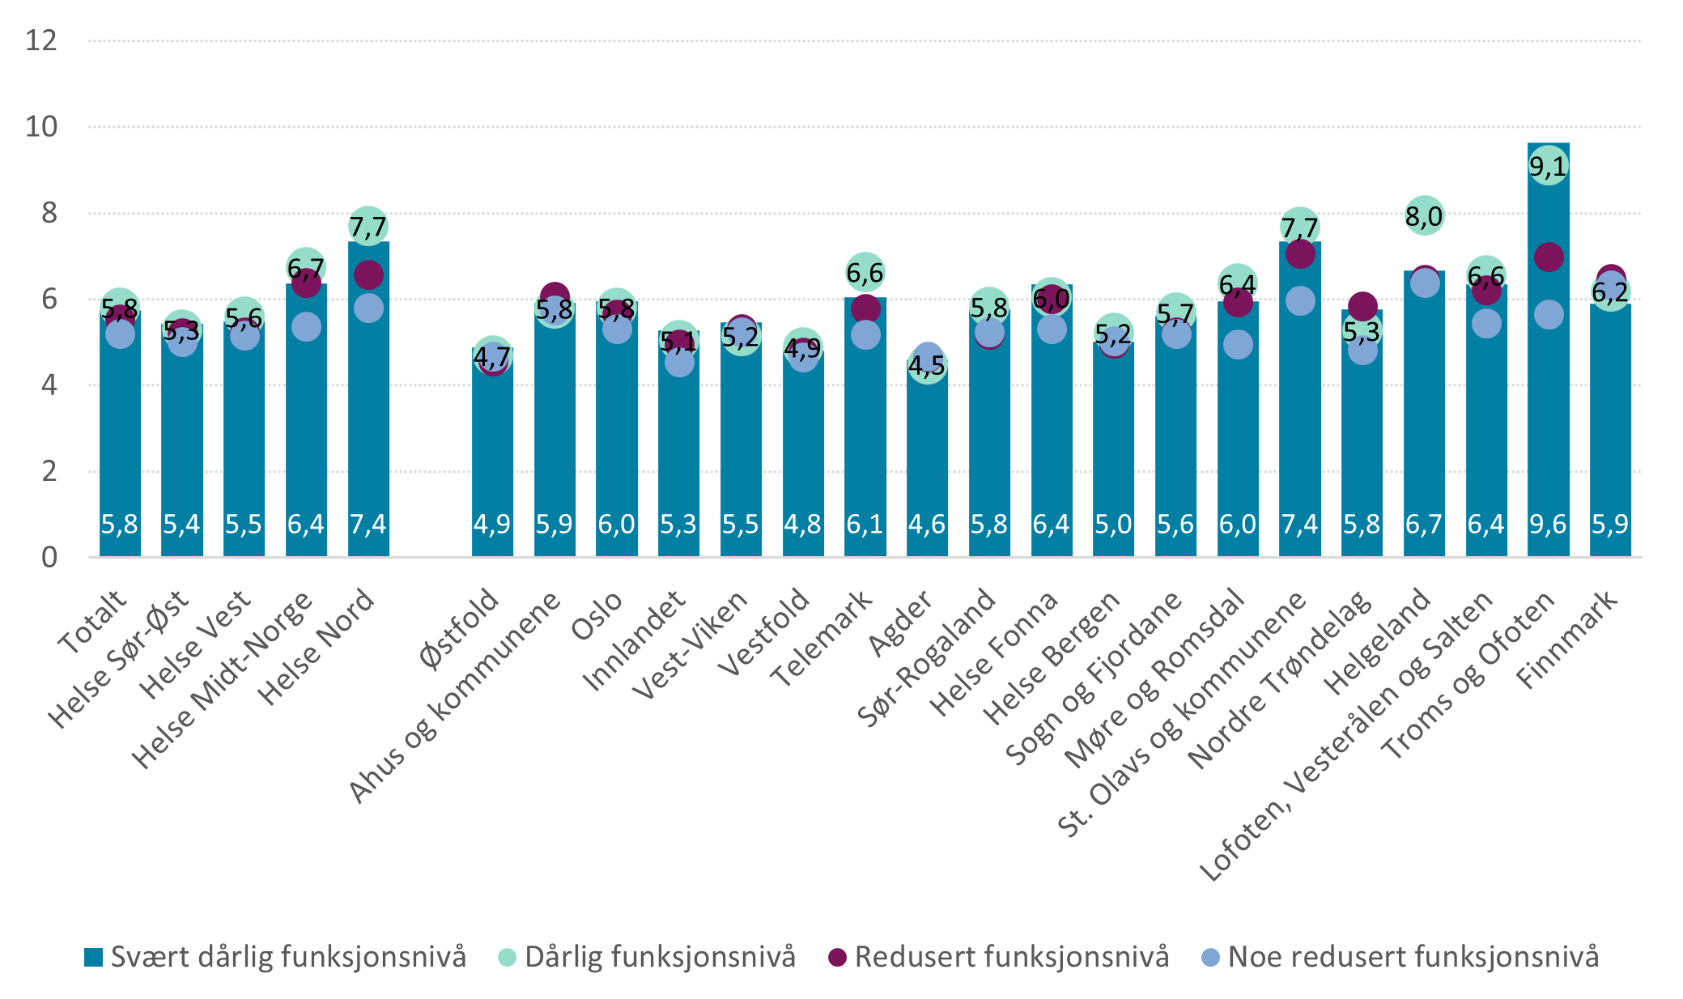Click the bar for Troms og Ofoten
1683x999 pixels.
[x=1547, y=405]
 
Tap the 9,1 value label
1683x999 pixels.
[x=1547, y=167]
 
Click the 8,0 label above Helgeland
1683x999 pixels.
[x=1423, y=216]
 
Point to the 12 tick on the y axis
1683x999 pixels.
[x=41, y=40]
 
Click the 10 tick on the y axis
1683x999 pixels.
[x=41, y=126]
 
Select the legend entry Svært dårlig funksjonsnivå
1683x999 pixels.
[x=275, y=957]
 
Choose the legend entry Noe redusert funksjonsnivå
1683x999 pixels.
[x=1400, y=957]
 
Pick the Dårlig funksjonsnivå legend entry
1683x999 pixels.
[x=648, y=957]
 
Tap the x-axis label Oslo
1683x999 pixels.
[x=597, y=615]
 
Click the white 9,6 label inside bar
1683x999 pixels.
[x=1547, y=525]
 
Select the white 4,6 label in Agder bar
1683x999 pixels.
[x=926, y=525]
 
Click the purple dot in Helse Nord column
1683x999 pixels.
[x=368, y=274]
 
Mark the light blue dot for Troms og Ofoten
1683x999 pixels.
[x=1548, y=315]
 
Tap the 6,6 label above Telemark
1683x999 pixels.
[x=865, y=273]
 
